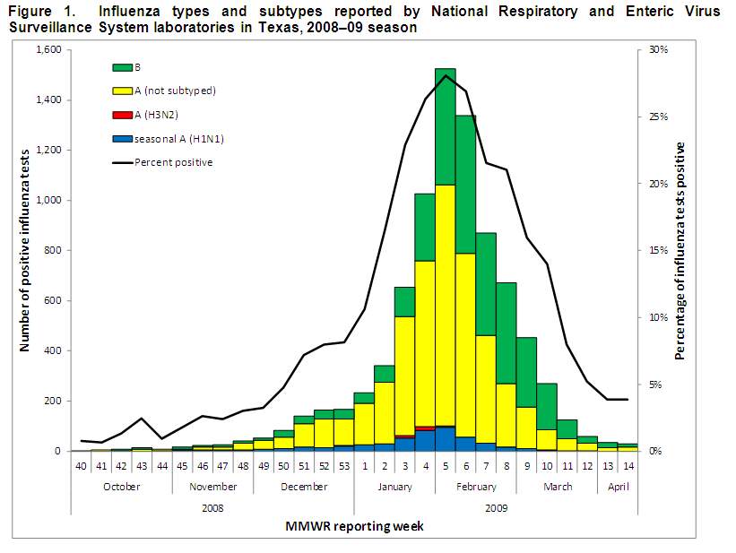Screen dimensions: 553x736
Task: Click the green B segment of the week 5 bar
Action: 446,126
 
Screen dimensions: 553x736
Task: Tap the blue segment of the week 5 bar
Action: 446,439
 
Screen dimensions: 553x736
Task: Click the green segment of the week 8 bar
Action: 507,333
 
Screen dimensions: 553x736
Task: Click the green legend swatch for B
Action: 122,67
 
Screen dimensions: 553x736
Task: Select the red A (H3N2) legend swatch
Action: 122,115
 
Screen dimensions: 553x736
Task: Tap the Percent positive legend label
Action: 174,162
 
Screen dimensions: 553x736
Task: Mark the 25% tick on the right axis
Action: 659,117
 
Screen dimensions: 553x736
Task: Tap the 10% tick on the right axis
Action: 659,317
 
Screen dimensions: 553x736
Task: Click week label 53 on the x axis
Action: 343,466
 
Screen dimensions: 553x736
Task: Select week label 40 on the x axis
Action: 82,466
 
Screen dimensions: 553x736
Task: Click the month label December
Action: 304,487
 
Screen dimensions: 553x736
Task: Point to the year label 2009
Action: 496,507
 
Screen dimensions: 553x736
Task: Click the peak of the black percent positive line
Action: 446,75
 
